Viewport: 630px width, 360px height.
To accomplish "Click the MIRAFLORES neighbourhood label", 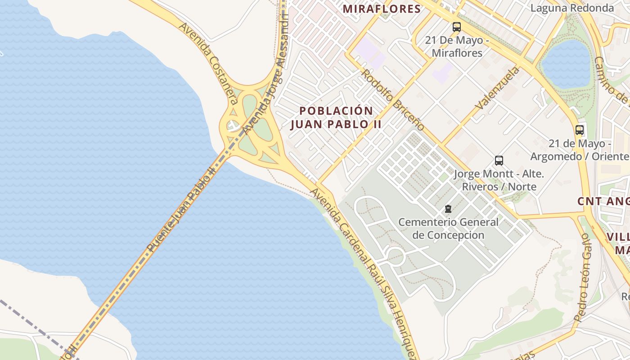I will point(382,9).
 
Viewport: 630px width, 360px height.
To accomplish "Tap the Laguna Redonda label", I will point(572,8).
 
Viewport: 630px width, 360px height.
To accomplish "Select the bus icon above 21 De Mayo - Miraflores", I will point(457,27).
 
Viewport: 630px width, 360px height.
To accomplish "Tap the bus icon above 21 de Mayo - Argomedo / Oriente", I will point(580,130).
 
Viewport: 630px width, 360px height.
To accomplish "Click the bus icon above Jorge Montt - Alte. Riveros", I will point(499,161).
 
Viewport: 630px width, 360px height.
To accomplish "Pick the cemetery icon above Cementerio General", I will point(448,209).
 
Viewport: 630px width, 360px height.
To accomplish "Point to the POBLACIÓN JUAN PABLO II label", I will point(336,117).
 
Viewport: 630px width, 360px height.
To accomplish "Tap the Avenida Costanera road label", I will point(208,58).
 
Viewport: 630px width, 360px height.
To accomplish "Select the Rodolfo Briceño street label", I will point(392,100).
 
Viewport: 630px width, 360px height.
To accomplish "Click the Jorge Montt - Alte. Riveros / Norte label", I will point(499,180).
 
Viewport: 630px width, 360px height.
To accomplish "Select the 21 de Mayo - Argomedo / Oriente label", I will point(579,150).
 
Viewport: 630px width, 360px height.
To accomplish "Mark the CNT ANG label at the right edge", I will point(603,201).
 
